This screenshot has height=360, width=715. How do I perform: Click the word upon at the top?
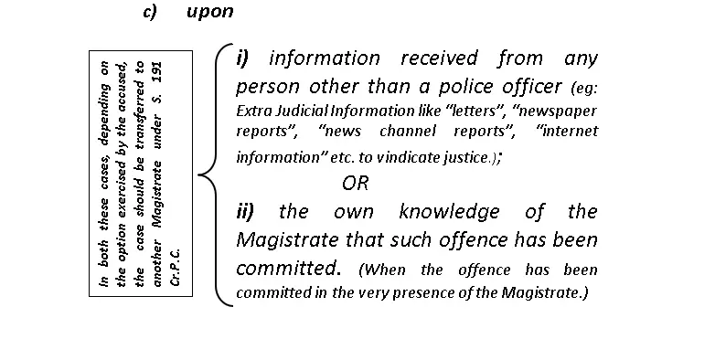[210, 12]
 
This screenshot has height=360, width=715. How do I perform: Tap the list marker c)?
[150, 11]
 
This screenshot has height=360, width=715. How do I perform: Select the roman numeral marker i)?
[242, 58]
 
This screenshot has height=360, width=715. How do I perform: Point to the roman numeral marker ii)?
[245, 211]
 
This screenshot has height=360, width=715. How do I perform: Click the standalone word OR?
[356, 183]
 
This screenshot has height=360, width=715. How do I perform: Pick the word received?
[439, 58]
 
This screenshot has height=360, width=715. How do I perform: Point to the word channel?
[408, 132]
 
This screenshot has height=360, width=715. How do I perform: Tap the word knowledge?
[450, 212]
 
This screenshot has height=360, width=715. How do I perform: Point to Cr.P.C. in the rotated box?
[176, 267]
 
